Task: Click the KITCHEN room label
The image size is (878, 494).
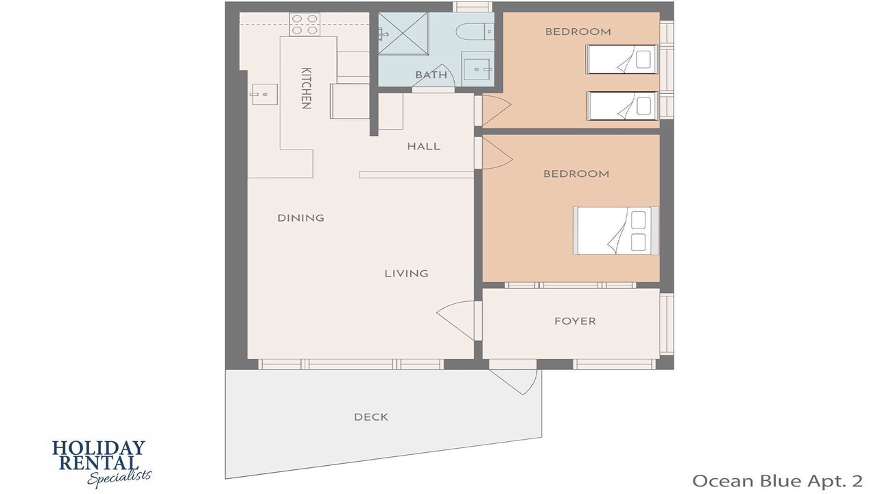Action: [307, 89]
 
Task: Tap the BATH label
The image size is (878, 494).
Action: [431, 75]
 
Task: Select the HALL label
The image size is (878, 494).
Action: [424, 146]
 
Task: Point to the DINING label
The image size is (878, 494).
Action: [300, 218]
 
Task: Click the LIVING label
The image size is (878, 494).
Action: [407, 273]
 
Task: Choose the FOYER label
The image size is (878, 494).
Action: [575, 321]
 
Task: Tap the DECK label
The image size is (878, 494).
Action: [371, 416]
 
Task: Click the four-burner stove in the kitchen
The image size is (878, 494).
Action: [305, 24]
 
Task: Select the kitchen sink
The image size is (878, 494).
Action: [265, 95]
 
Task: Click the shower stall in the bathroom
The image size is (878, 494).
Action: [403, 34]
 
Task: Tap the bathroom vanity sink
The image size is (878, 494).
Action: [477, 69]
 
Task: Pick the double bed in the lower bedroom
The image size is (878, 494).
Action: [616, 231]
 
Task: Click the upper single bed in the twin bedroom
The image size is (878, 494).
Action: [621, 59]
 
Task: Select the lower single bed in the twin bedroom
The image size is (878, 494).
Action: [622, 106]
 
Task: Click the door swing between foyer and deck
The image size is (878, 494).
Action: [515, 382]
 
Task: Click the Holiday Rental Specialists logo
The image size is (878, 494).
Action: [102, 464]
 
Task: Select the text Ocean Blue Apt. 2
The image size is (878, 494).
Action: [778, 481]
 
